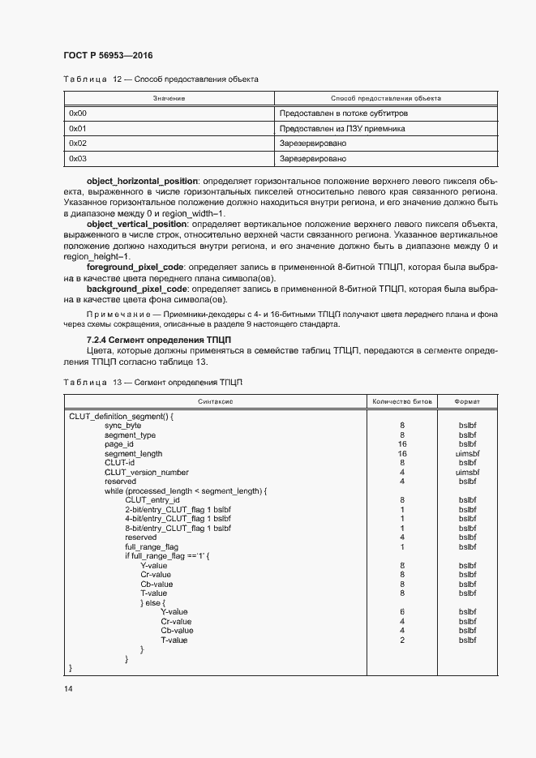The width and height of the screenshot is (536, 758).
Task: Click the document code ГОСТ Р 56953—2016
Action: click(x=108, y=56)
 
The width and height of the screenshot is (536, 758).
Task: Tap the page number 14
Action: click(x=68, y=688)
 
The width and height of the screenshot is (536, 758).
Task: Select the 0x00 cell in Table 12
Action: click(x=78, y=113)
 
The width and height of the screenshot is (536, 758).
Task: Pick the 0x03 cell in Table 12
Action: click(x=78, y=159)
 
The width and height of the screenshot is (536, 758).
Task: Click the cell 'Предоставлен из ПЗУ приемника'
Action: click(x=341, y=129)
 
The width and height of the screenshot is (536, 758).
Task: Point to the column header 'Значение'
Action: click(x=169, y=98)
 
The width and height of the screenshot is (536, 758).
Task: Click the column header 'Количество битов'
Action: click(x=402, y=401)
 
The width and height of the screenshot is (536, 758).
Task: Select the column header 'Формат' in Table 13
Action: click(x=467, y=401)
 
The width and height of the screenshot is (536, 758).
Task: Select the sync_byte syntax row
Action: click(x=122, y=426)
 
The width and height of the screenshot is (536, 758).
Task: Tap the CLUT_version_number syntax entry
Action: click(x=146, y=472)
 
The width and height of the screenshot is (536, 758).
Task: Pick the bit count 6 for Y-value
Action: click(x=402, y=612)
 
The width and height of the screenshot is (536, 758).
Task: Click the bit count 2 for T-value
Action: click(x=402, y=640)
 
